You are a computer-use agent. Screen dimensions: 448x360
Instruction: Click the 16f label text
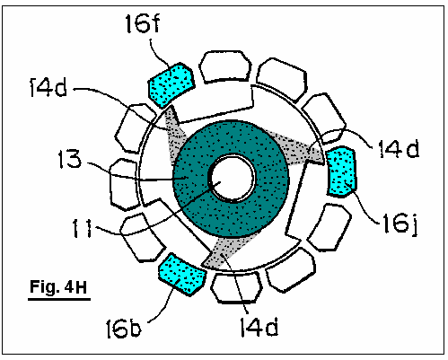[x=143, y=23]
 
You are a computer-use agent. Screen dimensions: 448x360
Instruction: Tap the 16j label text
[x=400, y=224]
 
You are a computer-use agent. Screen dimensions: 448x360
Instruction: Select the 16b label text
[x=123, y=329]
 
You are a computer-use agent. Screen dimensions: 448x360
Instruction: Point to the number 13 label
[x=70, y=159]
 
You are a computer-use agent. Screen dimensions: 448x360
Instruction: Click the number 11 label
[x=83, y=229]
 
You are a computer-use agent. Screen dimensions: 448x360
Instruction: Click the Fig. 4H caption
[x=58, y=286]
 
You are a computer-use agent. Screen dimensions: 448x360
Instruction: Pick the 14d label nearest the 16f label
[x=48, y=87]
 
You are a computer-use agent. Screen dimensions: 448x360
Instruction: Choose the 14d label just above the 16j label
[x=400, y=148]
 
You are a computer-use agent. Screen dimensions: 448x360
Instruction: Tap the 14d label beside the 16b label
[x=259, y=327]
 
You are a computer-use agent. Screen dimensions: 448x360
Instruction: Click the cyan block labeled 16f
[x=171, y=84]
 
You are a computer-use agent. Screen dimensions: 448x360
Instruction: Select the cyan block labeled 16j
[x=341, y=171]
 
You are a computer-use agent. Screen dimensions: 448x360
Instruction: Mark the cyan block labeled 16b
[x=182, y=274]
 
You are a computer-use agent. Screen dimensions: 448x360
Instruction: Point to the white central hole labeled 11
[x=233, y=179]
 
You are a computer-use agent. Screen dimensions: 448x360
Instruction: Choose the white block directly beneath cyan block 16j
[x=329, y=227]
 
